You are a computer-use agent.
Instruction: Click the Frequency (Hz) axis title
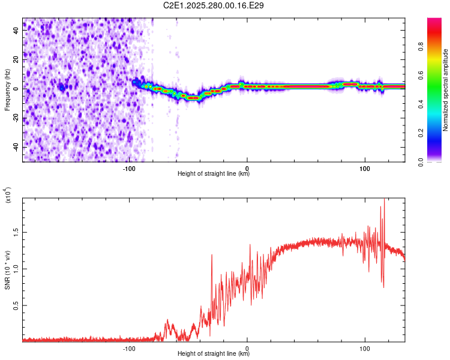point(7,90)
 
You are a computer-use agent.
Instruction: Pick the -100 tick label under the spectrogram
point(129,167)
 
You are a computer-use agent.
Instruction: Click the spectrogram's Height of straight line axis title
point(214,174)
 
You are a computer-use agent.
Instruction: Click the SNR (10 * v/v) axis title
point(7,270)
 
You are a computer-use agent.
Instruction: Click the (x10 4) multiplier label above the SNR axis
point(8,195)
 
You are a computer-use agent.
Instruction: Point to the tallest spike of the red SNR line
point(384,200)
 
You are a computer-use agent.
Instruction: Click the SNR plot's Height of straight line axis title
point(214,354)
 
